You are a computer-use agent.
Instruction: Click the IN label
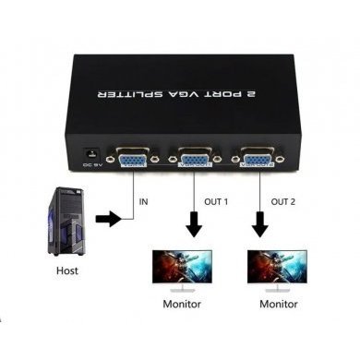144,201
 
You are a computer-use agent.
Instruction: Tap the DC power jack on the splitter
92,151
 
